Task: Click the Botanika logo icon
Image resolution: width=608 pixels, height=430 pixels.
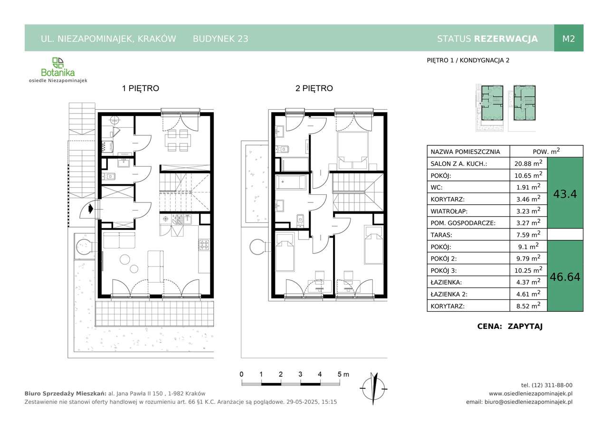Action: click(58, 63)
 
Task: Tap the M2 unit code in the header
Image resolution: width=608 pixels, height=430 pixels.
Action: click(569, 38)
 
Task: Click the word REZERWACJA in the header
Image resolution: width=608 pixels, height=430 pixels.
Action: click(506, 39)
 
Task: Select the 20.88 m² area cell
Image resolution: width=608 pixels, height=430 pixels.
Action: click(528, 163)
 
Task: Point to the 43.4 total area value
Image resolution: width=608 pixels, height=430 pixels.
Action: click(565, 194)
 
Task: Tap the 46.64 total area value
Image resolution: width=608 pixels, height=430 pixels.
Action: click(565, 277)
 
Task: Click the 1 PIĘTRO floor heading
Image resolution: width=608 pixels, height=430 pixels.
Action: click(141, 88)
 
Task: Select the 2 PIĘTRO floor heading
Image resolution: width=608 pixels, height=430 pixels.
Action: click(314, 88)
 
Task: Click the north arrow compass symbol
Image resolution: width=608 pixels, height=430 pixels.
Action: click(373, 389)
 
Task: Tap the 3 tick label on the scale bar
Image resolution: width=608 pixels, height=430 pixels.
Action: click(300, 374)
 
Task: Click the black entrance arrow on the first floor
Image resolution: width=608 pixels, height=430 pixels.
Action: click(91, 209)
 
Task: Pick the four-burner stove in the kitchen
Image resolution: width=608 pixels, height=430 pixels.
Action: click(204, 244)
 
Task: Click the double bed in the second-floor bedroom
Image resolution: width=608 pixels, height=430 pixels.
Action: click(352, 151)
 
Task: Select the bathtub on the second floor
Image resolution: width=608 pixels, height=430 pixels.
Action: click(291, 182)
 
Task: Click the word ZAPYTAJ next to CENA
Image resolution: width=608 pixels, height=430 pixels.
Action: click(525, 326)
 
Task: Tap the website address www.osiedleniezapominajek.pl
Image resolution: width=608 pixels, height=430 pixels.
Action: click(531, 393)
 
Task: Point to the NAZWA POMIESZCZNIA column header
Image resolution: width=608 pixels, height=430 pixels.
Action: click(465, 152)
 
